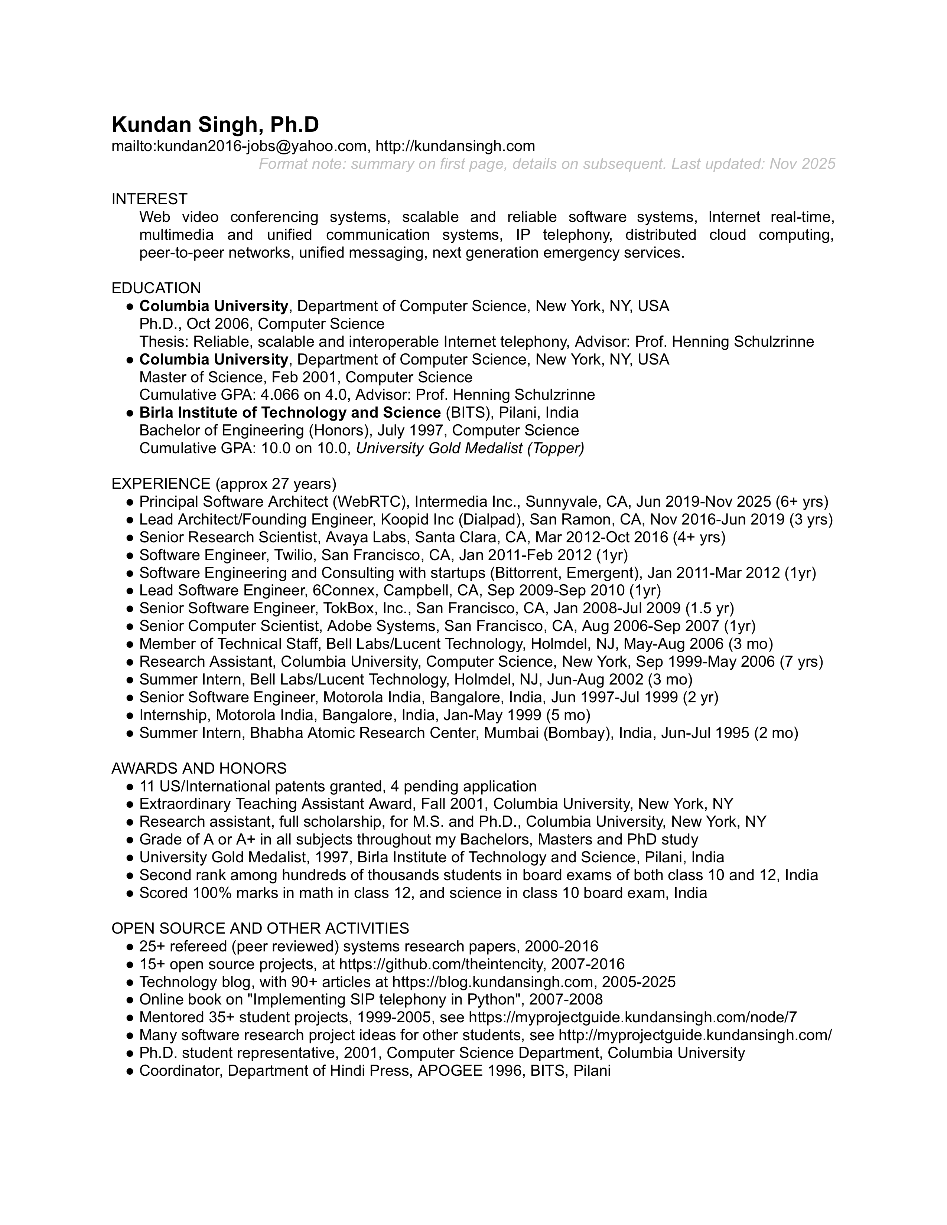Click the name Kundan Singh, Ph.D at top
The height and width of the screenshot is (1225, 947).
(x=215, y=124)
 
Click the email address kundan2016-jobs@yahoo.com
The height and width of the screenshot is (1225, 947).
(x=261, y=146)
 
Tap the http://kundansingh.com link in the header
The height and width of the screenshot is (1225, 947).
(x=455, y=146)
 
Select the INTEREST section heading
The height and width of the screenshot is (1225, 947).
(x=149, y=199)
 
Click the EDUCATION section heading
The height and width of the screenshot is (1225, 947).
(x=156, y=288)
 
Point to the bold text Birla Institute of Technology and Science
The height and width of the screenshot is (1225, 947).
(x=290, y=413)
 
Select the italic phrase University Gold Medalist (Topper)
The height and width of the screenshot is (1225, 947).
(x=470, y=449)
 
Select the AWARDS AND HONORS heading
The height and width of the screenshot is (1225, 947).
(x=199, y=768)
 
